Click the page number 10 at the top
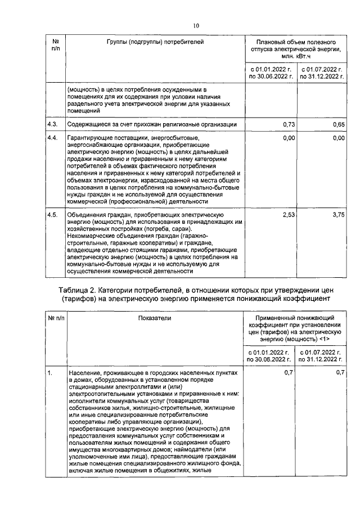tap(196, 25)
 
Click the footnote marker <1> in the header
tap(324, 340)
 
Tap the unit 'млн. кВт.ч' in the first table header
tap(296, 57)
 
